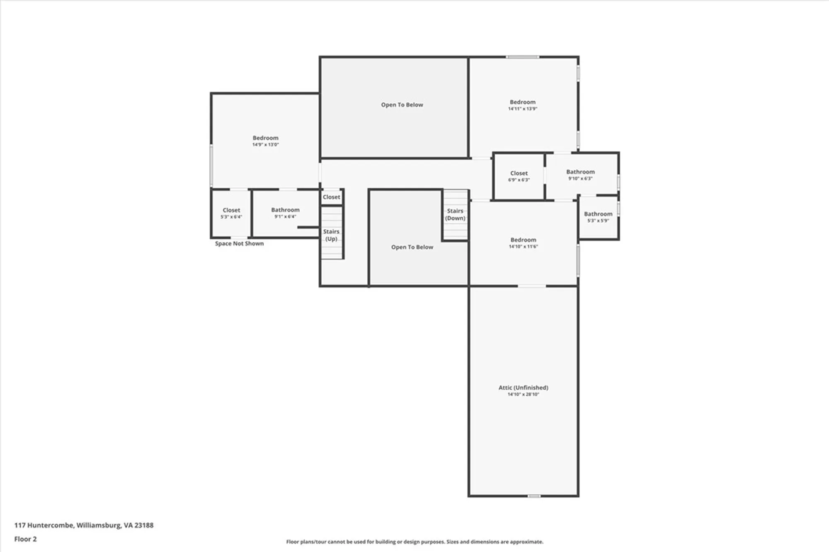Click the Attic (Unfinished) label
[x=523, y=387]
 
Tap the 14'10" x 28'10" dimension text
[x=523, y=394]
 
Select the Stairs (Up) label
[x=331, y=235]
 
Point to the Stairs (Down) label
[x=455, y=214]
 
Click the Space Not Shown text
[x=239, y=243]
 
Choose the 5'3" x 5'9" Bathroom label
[x=598, y=214]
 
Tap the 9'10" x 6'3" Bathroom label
[x=580, y=172]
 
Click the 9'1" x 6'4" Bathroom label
[x=285, y=210]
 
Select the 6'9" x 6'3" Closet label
[x=519, y=173]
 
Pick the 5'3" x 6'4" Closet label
[x=231, y=210]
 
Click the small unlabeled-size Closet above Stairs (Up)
[x=331, y=197]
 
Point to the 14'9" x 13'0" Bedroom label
[x=265, y=138]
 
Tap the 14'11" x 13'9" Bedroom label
[x=522, y=102]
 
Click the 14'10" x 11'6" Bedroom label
[x=523, y=240]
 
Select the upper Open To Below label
[x=402, y=105]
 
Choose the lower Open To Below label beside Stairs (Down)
[x=412, y=247]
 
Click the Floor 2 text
[x=25, y=539]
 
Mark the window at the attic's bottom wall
[x=534, y=496]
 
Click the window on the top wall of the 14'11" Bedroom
[x=522, y=57]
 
